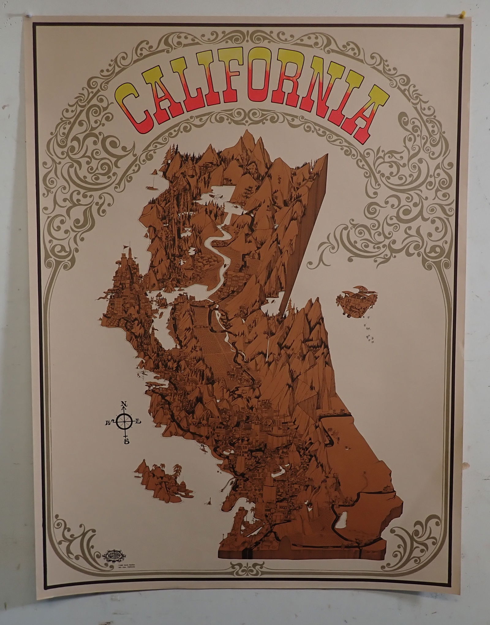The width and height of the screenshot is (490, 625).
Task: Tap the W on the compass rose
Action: pos(109,423)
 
